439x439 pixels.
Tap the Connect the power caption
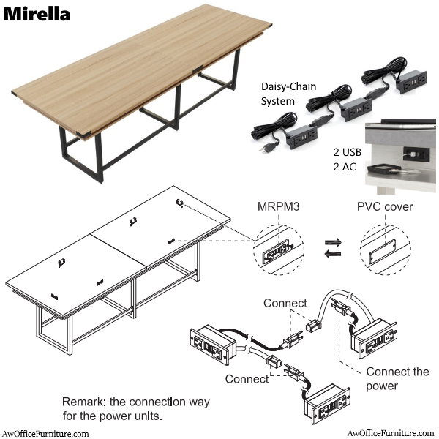(397, 378)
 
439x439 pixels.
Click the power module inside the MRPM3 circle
(279, 249)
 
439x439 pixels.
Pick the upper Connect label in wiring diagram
(285, 303)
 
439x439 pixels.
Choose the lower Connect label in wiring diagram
(247, 378)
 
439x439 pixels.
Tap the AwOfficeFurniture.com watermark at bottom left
(45, 433)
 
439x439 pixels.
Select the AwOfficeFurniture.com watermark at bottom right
(393, 433)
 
